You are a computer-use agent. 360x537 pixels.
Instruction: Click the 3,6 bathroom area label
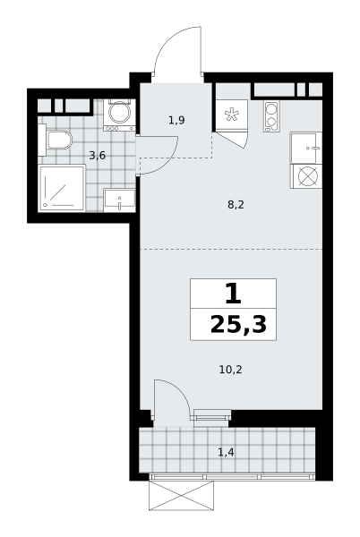point(98,156)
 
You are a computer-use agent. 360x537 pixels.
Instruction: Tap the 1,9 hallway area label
point(176,120)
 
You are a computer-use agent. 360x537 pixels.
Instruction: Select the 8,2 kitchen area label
point(236,205)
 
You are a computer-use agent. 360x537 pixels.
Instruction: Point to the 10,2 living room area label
point(230,370)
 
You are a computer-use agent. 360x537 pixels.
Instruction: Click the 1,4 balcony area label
point(226,452)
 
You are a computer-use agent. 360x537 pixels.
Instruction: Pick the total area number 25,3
point(238,325)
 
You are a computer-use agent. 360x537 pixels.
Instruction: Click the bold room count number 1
point(233,294)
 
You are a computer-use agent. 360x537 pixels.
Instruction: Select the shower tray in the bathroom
point(62,188)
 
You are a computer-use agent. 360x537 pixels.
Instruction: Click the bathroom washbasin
point(119,200)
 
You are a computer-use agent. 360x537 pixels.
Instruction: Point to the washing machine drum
point(119,112)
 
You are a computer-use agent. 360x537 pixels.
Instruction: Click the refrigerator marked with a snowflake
point(231,115)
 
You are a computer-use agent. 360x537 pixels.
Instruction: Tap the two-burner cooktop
point(271,116)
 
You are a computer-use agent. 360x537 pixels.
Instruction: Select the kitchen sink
point(306,148)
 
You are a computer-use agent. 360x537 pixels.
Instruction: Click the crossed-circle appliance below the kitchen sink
point(307,176)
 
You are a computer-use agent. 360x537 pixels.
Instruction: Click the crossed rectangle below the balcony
point(181,495)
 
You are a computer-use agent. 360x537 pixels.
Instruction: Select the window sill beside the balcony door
point(210,417)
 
